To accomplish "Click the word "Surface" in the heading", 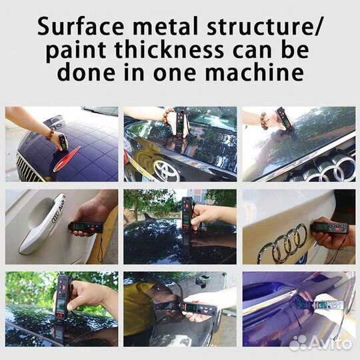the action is [x=81, y=27].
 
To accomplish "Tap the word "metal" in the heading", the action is [x=165, y=26].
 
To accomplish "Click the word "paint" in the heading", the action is [x=76, y=51].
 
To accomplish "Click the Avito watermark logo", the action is [x=321, y=343].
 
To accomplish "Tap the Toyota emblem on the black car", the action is [x=167, y=170].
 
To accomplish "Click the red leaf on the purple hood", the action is [x=67, y=158].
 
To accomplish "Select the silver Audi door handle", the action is [x=42, y=223].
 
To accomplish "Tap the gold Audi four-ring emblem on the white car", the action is [x=283, y=244].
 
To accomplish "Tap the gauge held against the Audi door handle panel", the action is [x=85, y=227].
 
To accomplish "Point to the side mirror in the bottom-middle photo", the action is [x=201, y=281].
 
